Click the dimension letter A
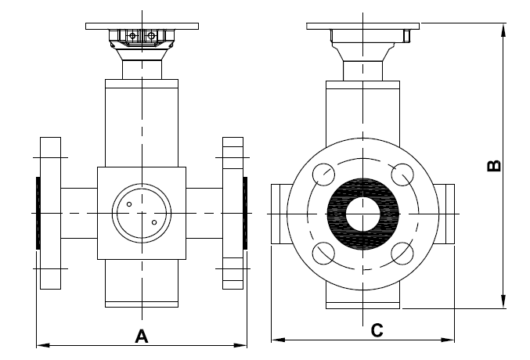coord(142,337)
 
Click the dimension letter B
coord(494,166)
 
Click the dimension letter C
coord(377,330)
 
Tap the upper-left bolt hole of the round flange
coord(323,175)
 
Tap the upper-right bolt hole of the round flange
coord(402,175)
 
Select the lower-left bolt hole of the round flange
coord(323,254)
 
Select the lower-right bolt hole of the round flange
coord(402,254)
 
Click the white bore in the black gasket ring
coord(362,214)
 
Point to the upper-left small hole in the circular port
coord(129,204)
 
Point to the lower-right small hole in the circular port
coord(154,222)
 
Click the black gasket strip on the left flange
coord(38,213)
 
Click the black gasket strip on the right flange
coord(245,213)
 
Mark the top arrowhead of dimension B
coord(503,30)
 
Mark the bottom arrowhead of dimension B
coord(503,301)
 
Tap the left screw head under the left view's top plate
coord(133,35)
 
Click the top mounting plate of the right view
coord(362,26)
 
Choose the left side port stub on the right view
coord(280,214)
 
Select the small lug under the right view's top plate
coord(407,36)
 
